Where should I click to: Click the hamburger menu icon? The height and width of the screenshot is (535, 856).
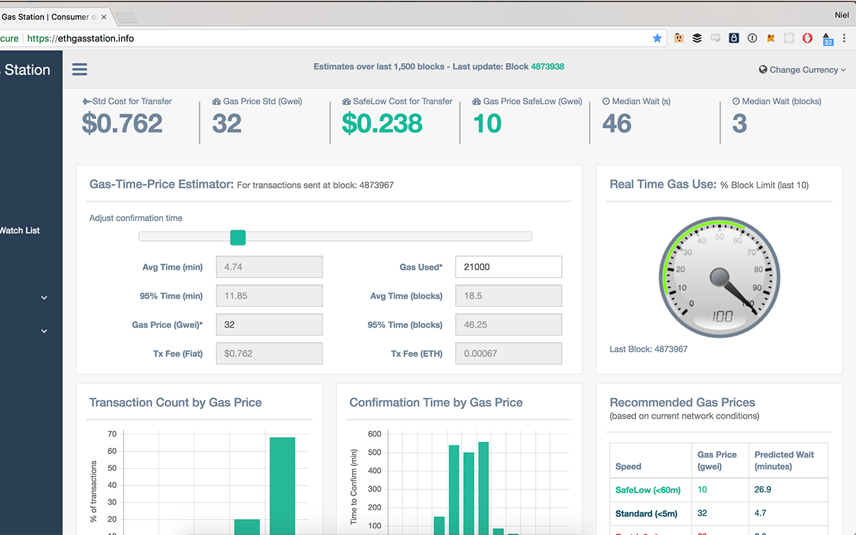[x=80, y=70]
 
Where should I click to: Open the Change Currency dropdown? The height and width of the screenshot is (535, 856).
[x=802, y=70]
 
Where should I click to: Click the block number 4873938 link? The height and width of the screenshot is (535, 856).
[x=547, y=67]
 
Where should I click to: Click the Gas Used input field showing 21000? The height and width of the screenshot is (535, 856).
[x=508, y=267]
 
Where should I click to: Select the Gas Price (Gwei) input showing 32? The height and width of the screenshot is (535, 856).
[x=269, y=324]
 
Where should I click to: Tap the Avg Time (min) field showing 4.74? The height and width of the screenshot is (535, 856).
[x=269, y=267]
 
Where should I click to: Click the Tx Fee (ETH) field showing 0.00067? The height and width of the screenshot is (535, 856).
[x=508, y=353]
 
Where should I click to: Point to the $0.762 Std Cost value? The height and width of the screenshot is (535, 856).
[x=122, y=124]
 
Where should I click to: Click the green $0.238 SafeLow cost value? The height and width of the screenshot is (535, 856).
[x=382, y=124]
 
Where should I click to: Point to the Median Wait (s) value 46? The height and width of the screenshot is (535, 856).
[x=617, y=124]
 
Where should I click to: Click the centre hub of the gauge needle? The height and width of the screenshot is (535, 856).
[x=720, y=276]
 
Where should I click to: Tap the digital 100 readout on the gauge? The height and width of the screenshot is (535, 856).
[x=722, y=316]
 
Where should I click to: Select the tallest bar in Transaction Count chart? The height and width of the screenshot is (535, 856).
[x=282, y=486]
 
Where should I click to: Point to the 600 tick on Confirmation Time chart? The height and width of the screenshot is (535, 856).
[x=374, y=434]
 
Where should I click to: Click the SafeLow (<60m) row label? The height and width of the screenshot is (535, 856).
[x=647, y=490]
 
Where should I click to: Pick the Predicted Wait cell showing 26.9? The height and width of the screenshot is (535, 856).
[x=762, y=490]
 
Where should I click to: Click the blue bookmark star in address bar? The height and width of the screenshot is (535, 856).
[x=657, y=38]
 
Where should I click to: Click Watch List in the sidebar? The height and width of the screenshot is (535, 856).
[x=20, y=230]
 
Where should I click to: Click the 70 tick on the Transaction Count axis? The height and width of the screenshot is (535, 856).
[x=112, y=434]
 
